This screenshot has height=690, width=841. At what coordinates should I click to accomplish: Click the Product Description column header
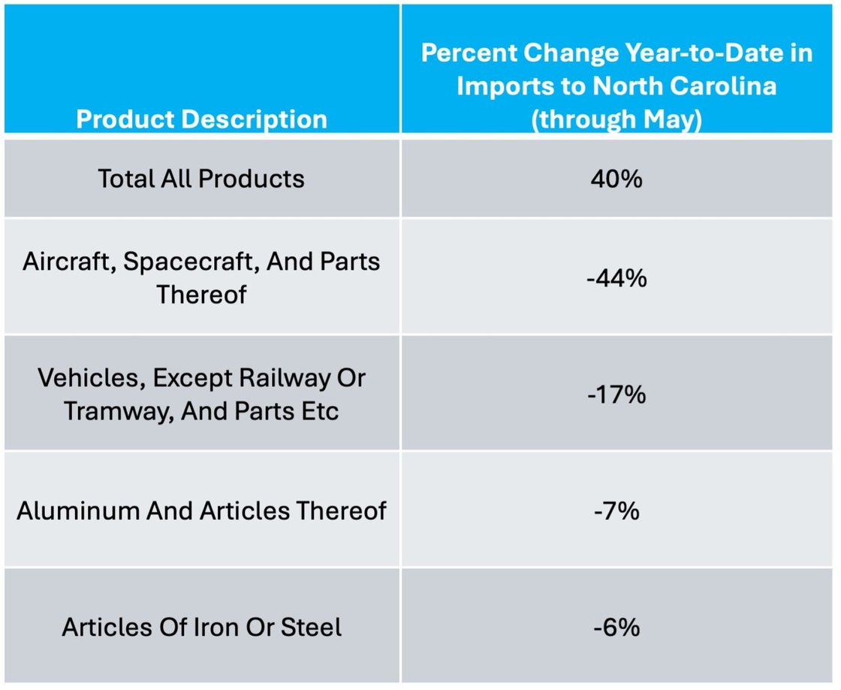point(201,119)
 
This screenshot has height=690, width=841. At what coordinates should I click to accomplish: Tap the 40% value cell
point(616,179)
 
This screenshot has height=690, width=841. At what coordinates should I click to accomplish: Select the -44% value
point(616,278)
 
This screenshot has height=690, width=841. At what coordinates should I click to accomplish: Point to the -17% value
point(616,394)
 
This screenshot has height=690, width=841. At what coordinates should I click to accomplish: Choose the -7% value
point(616,511)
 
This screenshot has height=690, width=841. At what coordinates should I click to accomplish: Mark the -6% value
point(616,627)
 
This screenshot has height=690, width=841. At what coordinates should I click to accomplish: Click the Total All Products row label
point(201,179)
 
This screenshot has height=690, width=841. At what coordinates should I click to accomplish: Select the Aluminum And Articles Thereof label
point(201,511)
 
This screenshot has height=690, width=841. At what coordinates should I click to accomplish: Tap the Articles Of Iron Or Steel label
point(201,627)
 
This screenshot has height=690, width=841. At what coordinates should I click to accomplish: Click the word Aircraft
point(67,262)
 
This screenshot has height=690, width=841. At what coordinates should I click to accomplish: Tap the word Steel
point(311,627)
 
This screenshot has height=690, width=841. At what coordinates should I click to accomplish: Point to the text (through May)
point(616,119)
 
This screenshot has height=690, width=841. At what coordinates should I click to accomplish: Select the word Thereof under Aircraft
point(201,295)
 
